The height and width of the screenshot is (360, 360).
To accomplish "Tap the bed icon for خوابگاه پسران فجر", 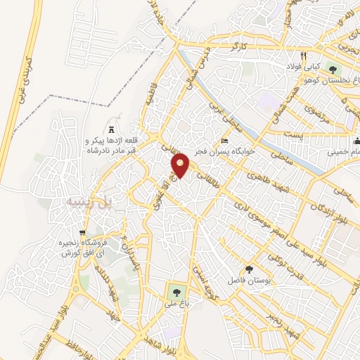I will pyautogui.click(x=224, y=140).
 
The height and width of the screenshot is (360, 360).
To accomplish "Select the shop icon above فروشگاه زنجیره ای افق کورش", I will pyautogui.click(x=83, y=232).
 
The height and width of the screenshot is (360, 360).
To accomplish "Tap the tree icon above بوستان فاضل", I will pyautogui.click(x=248, y=269).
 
